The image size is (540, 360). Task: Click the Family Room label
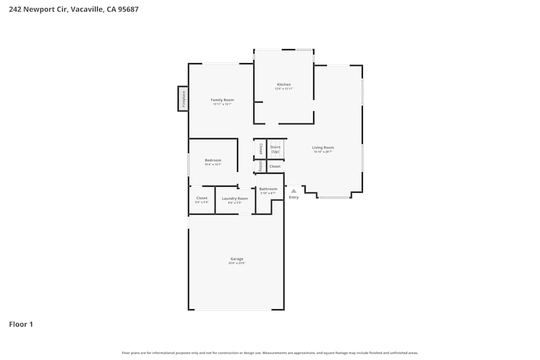(222, 100)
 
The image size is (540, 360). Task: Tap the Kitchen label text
(283, 85)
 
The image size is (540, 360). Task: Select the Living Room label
(323, 147)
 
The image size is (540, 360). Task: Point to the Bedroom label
(213, 160)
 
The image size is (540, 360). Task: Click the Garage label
(237, 259)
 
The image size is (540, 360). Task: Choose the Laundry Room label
(235, 199)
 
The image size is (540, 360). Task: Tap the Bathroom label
(268, 189)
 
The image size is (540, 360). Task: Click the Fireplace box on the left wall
(183, 99)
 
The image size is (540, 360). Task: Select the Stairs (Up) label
(275, 149)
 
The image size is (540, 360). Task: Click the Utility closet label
(260, 166)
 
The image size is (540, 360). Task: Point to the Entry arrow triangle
(294, 191)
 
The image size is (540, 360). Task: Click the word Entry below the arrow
(294, 198)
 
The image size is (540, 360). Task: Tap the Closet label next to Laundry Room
(201, 198)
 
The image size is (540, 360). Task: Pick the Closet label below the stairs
(275, 167)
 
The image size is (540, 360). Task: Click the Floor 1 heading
(21, 324)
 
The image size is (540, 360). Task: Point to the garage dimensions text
(237, 263)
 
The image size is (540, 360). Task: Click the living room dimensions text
(323, 152)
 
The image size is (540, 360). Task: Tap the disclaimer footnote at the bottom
(269, 353)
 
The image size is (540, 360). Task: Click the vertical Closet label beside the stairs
(260, 148)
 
